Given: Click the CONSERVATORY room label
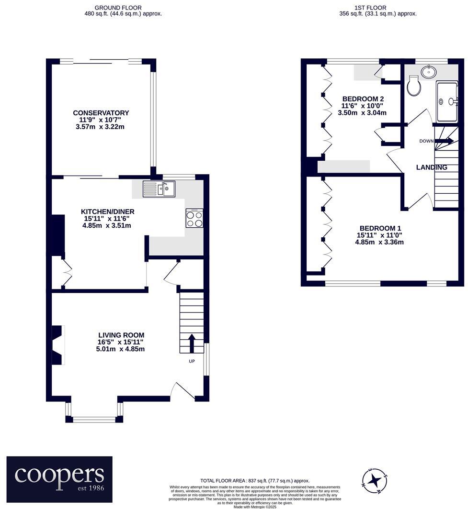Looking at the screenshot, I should tap(101, 113).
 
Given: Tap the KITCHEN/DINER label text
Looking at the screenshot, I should tap(107, 211).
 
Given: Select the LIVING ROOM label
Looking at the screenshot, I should tap(121, 335).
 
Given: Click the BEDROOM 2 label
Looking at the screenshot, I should tap(363, 99).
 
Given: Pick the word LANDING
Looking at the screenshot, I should tap(431, 167).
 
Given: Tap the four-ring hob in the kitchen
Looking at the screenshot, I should tap(194, 219).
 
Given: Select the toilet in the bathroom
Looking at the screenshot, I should tap(412, 87).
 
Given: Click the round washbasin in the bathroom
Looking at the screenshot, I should tap(428, 72).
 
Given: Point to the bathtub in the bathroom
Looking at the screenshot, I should tap(447, 101).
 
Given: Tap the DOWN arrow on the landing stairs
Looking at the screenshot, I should tap(444, 141).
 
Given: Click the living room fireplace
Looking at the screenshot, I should tap(57, 345).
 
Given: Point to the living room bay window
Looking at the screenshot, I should tap(94, 419).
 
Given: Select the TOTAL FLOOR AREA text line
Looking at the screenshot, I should tap(254, 481).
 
